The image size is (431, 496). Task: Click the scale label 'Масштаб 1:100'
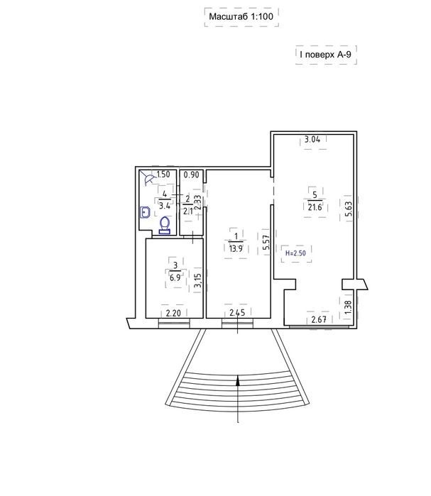241,16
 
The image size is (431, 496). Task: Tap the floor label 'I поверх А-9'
326,55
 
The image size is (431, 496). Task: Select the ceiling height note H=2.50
295,253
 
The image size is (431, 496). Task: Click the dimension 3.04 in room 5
312,139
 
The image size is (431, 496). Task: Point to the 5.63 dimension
348,209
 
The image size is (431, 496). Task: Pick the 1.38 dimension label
347,307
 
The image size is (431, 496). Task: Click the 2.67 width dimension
319,319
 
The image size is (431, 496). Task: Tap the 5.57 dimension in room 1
267,242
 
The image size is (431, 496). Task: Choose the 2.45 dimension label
237,313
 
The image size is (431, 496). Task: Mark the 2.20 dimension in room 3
173,313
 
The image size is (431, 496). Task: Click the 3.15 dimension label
197,280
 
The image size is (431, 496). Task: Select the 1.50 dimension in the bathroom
163,175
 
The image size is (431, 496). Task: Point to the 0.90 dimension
192,175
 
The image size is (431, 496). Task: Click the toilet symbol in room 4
165,226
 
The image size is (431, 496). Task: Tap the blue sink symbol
145,212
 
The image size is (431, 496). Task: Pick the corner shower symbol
147,178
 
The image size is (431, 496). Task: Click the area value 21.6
315,207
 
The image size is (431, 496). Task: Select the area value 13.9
236,248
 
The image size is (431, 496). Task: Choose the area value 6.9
175,277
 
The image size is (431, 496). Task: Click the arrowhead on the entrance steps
238,380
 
